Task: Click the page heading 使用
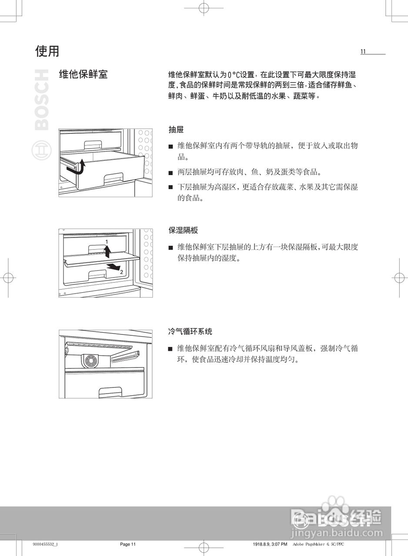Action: click(47, 51)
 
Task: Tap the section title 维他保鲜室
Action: click(83, 74)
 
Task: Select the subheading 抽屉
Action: click(176, 129)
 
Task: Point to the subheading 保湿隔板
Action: click(183, 230)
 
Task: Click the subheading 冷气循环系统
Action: click(190, 331)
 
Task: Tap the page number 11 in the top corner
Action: click(363, 52)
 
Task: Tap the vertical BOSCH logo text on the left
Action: click(42, 99)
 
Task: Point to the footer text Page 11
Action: click(128, 544)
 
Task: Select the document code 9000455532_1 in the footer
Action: click(45, 544)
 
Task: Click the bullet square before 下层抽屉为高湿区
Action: click(171, 188)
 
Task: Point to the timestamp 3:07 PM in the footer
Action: click(279, 544)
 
